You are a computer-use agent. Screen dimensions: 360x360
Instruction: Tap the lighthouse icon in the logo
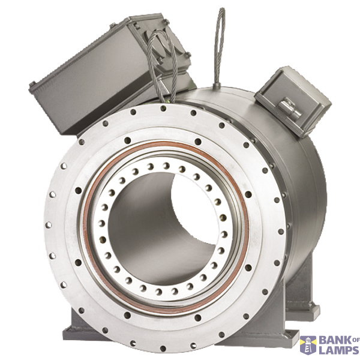pos(308,346)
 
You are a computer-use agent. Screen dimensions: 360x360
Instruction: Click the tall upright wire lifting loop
pos(220,46)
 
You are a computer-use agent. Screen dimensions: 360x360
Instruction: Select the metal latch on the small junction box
pos(289,107)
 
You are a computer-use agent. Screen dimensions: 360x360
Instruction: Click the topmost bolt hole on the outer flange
pos(163,108)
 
